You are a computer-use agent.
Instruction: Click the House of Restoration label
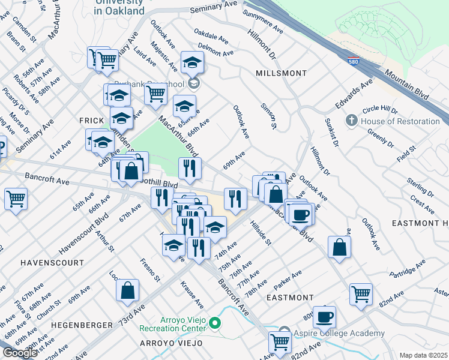[400, 121]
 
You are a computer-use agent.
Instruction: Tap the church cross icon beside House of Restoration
[354, 121]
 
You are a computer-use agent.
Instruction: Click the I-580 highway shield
[354, 61]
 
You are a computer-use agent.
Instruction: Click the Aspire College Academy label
[339, 333]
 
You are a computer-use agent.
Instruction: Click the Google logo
[19, 353]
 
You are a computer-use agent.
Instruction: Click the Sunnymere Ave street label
[264, 22]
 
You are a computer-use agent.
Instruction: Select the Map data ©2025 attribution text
[423, 355]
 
